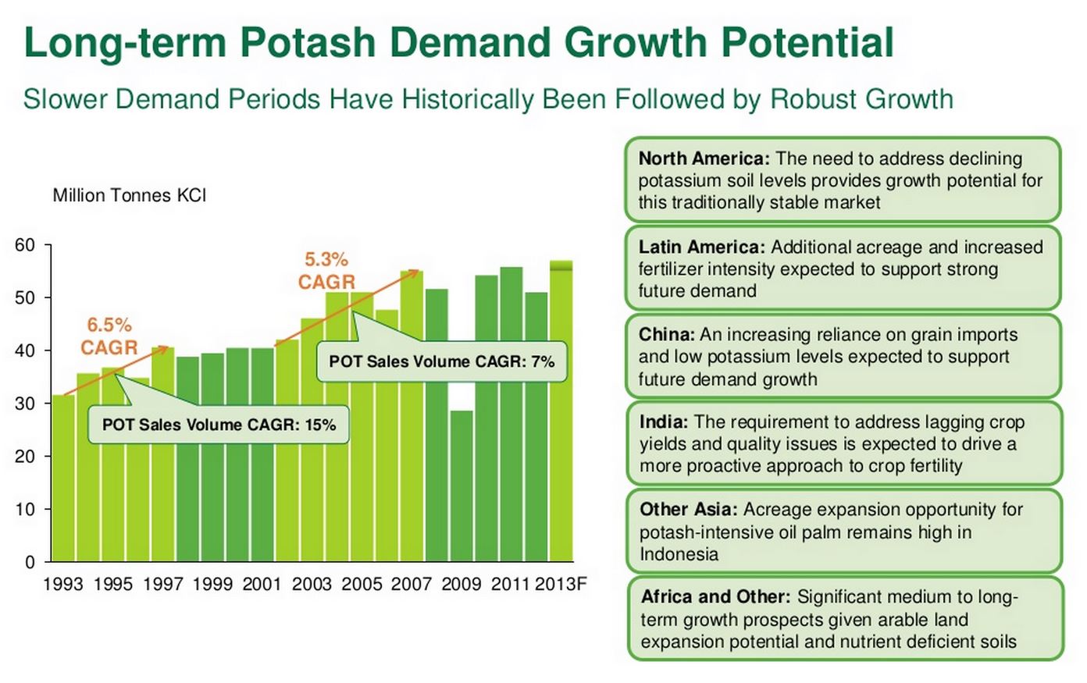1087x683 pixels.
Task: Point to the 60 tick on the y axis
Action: point(25,245)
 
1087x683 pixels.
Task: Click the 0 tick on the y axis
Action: point(30,562)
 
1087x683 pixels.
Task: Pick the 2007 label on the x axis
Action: point(411,584)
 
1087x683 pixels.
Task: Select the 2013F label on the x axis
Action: point(560,584)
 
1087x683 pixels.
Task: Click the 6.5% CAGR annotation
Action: point(109,336)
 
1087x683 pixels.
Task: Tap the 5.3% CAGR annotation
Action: point(326,271)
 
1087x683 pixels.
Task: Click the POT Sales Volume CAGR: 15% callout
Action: point(219,425)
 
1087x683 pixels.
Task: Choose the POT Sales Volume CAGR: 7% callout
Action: point(441,361)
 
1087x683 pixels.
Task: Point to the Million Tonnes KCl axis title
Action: point(130,195)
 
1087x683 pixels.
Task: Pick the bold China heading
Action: point(666,335)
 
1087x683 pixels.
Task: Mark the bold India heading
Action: point(664,422)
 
